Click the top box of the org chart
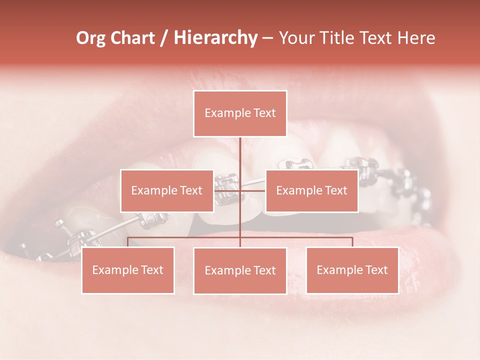(240, 113)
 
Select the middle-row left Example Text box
(167, 190)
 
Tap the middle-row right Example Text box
(311, 190)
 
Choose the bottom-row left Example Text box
(128, 270)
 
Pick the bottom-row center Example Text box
(240, 270)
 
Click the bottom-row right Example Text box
(352, 270)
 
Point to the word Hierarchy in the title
(215, 38)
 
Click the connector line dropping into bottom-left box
(128, 242)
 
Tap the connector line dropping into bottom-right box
(352, 242)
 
